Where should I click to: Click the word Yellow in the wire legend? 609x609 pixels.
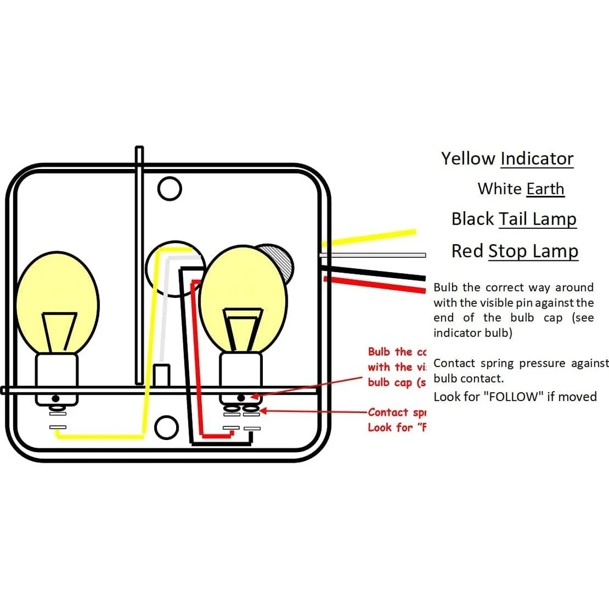click(467, 159)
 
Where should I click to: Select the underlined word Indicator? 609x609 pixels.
click(537, 159)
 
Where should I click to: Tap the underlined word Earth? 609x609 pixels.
click(545, 189)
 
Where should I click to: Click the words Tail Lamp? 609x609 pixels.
click(538, 219)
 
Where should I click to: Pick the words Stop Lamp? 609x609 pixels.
click(533, 251)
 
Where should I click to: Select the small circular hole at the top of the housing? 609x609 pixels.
click(170, 188)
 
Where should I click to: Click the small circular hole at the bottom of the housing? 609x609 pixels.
click(166, 427)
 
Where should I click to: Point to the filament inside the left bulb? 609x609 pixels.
click(59, 330)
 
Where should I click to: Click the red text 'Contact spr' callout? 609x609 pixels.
click(396, 413)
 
